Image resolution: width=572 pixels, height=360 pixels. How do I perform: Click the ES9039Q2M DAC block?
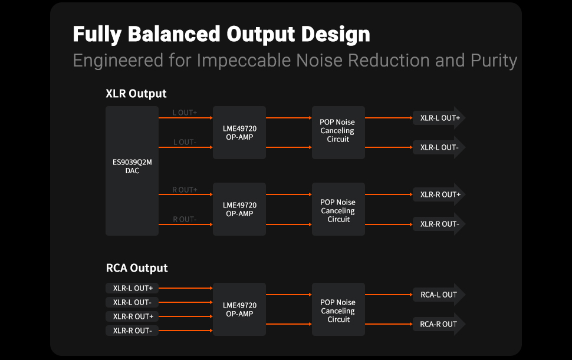tap(132, 171)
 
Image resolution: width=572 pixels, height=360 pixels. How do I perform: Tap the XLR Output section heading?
tap(136, 94)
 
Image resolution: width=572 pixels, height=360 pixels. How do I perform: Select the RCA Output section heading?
tap(137, 268)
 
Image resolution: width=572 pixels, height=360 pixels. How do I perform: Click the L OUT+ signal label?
tap(185, 113)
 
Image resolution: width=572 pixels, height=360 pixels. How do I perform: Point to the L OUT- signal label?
tap(185, 142)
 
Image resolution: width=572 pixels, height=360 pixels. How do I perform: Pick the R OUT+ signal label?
tap(185, 190)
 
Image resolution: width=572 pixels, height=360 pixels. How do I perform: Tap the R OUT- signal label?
tap(185, 219)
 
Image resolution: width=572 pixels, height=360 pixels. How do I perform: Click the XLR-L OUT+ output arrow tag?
tap(439, 118)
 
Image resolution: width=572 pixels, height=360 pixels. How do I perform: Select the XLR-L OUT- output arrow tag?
tap(439, 147)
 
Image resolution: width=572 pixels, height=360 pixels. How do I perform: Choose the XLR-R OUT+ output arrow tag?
tap(439, 194)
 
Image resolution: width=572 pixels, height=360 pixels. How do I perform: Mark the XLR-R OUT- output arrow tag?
tap(439, 224)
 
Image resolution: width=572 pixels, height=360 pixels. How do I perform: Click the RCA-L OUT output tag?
tap(439, 295)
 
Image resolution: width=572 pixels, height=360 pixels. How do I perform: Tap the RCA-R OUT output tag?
tap(439, 324)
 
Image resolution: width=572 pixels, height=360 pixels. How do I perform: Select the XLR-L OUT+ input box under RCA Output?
tap(132, 288)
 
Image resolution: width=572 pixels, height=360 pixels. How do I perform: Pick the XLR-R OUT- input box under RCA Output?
tap(132, 331)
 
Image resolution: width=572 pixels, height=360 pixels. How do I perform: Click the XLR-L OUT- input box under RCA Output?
tap(132, 302)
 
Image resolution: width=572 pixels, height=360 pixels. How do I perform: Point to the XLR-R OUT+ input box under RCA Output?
tap(132, 316)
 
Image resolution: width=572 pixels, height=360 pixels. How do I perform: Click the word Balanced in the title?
tap(174, 34)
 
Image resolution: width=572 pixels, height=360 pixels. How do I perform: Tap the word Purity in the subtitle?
tap(494, 61)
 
